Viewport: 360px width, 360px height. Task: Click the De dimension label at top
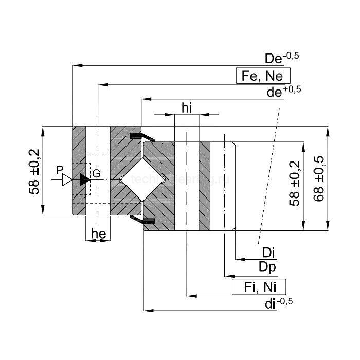281,58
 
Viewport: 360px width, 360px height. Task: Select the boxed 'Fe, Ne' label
262,76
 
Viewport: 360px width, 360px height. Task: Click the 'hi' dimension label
187,107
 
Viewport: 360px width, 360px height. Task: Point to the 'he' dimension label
98,234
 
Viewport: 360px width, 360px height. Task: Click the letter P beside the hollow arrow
60,170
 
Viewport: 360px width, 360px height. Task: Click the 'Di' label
268,253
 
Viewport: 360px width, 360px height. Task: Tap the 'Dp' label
267,267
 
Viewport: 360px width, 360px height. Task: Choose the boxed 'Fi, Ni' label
259,287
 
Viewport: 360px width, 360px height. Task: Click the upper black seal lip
141,136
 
